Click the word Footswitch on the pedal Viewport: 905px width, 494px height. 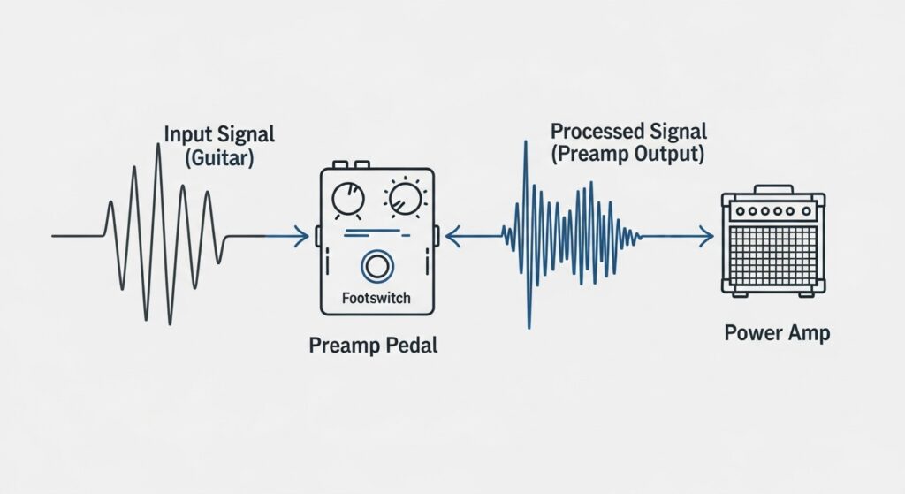click(x=376, y=298)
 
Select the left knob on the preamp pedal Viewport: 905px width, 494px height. click(x=346, y=202)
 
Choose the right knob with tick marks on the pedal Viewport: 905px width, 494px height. click(x=405, y=199)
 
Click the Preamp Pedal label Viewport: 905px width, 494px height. click(x=373, y=345)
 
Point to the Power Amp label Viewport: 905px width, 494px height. click(x=776, y=333)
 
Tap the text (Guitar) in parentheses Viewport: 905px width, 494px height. click(x=219, y=160)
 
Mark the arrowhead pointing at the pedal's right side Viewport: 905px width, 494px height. click(x=451, y=236)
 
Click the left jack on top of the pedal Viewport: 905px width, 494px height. click(x=339, y=164)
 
